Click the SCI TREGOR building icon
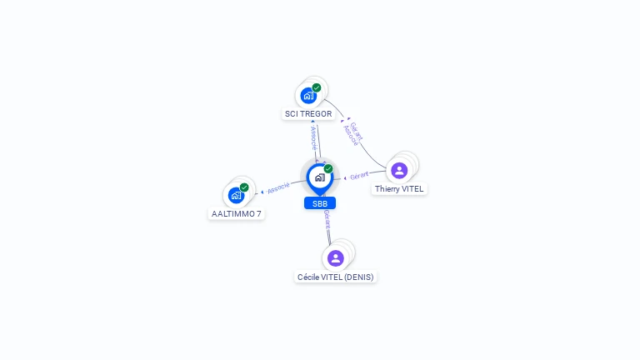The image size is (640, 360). (x=308, y=95)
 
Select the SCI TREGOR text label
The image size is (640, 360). (x=308, y=114)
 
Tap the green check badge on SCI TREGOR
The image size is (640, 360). (x=317, y=87)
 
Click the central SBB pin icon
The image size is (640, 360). (x=319, y=177)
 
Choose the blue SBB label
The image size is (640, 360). (x=320, y=203)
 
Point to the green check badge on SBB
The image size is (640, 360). (x=328, y=169)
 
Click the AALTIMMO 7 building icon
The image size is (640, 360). (x=236, y=195)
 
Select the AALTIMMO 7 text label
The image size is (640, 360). (x=237, y=214)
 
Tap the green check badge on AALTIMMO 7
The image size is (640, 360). (x=244, y=187)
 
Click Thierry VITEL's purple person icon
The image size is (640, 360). (x=399, y=170)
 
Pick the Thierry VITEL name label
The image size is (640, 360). (x=399, y=189)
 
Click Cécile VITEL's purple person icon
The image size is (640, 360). (x=336, y=257)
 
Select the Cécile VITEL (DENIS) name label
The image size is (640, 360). (x=336, y=277)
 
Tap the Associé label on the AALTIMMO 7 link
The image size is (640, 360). (x=278, y=187)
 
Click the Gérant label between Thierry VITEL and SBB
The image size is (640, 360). (x=359, y=176)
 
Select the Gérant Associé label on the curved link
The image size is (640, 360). (x=353, y=132)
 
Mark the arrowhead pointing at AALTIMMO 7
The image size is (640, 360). (x=262, y=192)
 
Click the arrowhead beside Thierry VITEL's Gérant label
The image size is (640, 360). (x=345, y=177)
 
